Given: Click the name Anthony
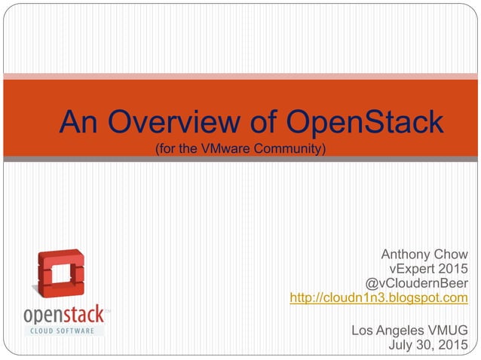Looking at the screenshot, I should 408,255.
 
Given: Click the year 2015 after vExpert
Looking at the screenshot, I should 452,269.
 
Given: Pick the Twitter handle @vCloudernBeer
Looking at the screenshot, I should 416,283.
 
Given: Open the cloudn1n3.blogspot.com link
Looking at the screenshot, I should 378,298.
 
